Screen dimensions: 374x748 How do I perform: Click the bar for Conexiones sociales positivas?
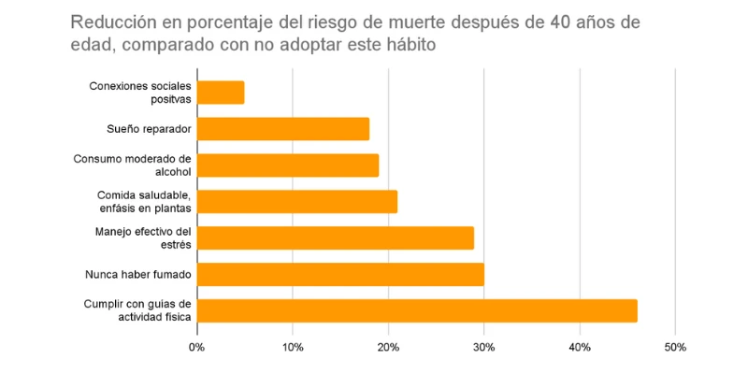coord(221,93)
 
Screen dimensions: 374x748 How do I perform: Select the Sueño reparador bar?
coord(283,129)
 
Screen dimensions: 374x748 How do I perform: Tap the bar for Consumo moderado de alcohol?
coord(288,165)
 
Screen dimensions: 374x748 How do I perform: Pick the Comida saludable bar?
coord(297,202)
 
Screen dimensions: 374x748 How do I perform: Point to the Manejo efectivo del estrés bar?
coord(336,237)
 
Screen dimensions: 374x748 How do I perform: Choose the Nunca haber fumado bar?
coord(340,274)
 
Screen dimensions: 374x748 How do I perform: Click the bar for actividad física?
coord(417,310)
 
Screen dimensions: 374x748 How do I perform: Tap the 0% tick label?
coord(197,348)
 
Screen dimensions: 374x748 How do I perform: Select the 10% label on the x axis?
coord(293,348)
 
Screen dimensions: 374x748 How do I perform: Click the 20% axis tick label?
coord(388,348)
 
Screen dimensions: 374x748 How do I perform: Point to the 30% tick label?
coord(483,348)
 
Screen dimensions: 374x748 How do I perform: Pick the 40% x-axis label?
coord(580,348)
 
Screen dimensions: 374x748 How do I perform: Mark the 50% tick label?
coord(675,348)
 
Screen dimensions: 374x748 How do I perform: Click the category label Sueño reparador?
coord(150,129)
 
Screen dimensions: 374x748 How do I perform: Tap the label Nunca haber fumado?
coord(138,274)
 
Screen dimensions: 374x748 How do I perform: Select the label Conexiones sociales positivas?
coord(140,93)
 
